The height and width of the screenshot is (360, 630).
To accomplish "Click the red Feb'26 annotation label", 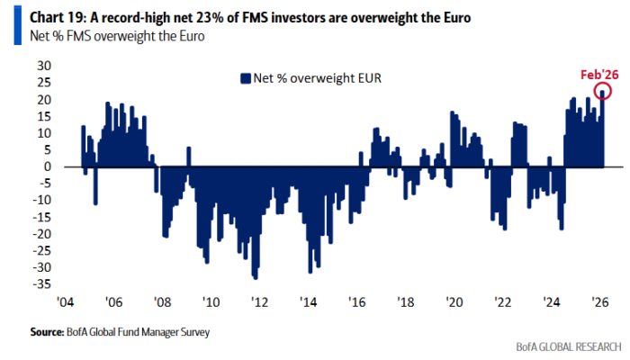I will (x=595, y=76).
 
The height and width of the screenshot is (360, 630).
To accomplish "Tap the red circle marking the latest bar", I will (x=602, y=91).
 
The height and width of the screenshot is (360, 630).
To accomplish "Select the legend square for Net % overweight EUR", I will (x=244, y=77).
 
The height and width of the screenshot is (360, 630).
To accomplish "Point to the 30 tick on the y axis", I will (x=40, y=66).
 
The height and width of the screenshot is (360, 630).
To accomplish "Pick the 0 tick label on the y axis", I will (x=43, y=166).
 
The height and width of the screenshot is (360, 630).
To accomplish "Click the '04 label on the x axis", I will (x=66, y=302).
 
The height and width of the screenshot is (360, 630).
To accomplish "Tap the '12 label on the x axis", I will (x=257, y=302).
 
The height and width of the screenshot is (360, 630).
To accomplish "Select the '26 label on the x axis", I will (x=595, y=302).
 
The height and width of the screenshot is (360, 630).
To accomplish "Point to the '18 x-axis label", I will (x=402, y=302).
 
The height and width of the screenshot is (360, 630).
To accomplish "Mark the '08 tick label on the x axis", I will (x=161, y=302).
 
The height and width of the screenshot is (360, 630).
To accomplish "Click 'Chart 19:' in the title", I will (x=35, y=15).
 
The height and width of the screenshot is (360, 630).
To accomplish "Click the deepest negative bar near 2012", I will (x=256, y=277).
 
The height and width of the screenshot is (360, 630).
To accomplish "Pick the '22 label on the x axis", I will (x=499, y=302).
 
